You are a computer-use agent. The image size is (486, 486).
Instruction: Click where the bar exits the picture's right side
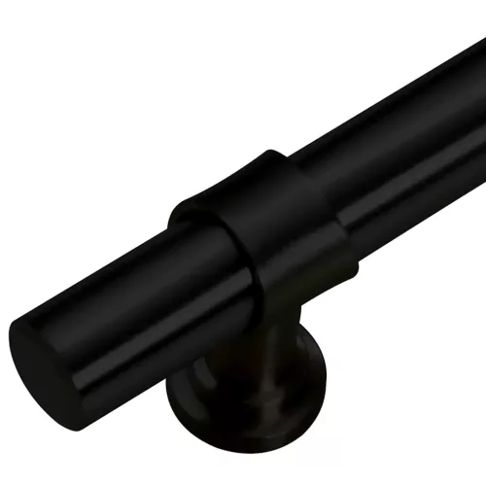(480, 97)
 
